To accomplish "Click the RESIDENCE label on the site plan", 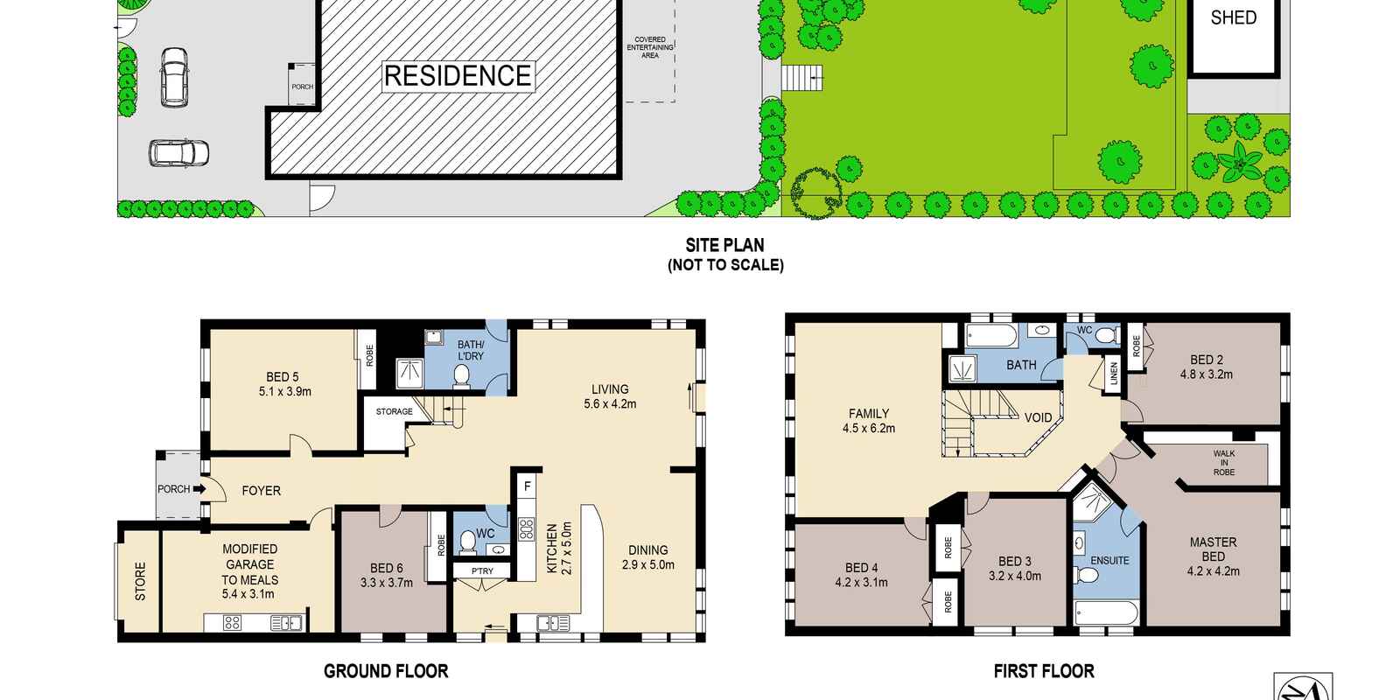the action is pos(458,76).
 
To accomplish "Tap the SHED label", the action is pos(1233,17).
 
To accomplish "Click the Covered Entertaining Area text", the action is pos(650,47).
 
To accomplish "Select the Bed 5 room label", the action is pos(284,384).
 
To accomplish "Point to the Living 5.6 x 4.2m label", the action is pos(610,396).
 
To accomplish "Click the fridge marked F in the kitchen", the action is pos(528,486).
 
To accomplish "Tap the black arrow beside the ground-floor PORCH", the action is pos(199,489).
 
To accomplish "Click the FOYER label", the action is pos(262,491).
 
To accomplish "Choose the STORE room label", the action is pos(141,581).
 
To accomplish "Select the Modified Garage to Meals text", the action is pos(250,571).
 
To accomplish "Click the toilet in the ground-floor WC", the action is pos(467,542).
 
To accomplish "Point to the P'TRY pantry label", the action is pos(482,570).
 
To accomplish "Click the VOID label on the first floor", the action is pos(1038,417).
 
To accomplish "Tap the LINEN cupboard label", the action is pos(1112,374).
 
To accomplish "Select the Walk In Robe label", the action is pos(1224,463).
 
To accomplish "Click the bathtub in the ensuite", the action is pos(1106,612).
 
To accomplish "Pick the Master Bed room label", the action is pos(1213,556).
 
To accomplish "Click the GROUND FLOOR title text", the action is pos(386,671).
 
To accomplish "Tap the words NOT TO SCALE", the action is pos(725,265).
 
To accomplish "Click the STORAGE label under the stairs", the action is pos(394,411).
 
